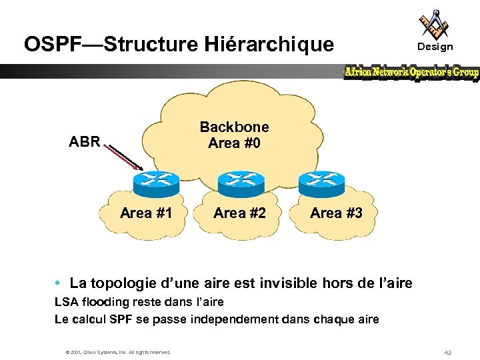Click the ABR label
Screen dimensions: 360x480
[85, 141]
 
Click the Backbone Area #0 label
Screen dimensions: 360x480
[234, 135]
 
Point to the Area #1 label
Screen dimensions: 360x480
[146, 213]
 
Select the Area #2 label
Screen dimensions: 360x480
[239, 213]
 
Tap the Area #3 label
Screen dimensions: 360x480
[336, 213]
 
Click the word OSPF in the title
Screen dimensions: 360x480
[50, 45]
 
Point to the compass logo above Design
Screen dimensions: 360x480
[434, 23]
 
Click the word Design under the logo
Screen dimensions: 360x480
[435, 47]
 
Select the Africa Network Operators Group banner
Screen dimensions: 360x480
[411, 73]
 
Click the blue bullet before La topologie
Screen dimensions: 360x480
[59, 284]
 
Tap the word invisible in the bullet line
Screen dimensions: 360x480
[291, 283]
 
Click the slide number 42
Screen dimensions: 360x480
[447, 351]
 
